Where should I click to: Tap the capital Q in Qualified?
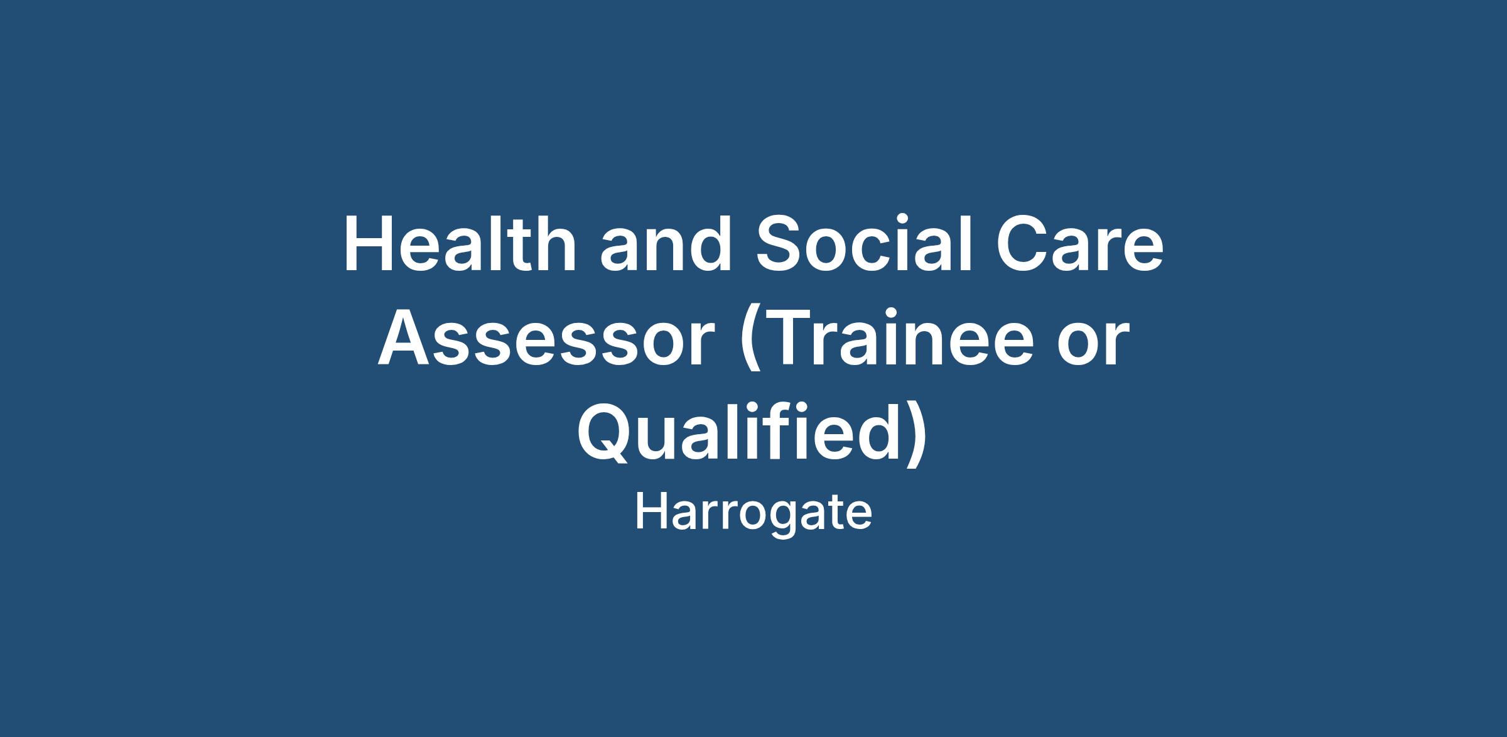point(605,433)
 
